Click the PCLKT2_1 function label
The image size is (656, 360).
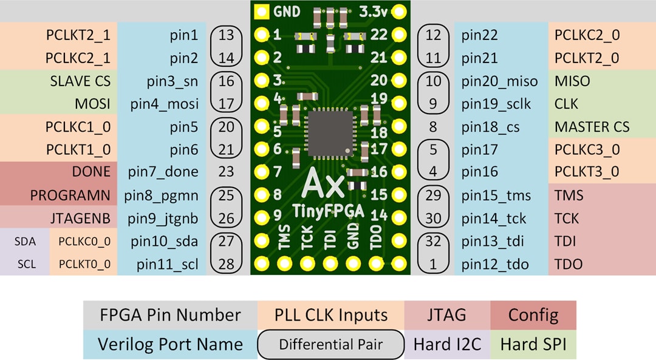pos(78,35)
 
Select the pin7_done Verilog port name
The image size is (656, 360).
pos(163,172)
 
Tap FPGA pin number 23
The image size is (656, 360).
pos(226,172)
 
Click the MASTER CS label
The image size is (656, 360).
pos(592,127)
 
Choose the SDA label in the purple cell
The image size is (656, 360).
pos(26,242)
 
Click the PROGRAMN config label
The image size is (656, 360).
pos(70,195)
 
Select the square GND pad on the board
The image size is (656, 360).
pos(261,11)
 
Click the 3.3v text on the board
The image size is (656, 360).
pos(374,11)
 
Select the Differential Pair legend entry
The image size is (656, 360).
pos(330,345)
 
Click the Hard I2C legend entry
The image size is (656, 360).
pos(447,345)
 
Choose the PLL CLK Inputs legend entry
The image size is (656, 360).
pos(331,315)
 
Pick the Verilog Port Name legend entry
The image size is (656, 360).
pos(170,345)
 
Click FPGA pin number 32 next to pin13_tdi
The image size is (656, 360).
pos(433,242)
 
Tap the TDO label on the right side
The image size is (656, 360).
pos(568,264)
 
